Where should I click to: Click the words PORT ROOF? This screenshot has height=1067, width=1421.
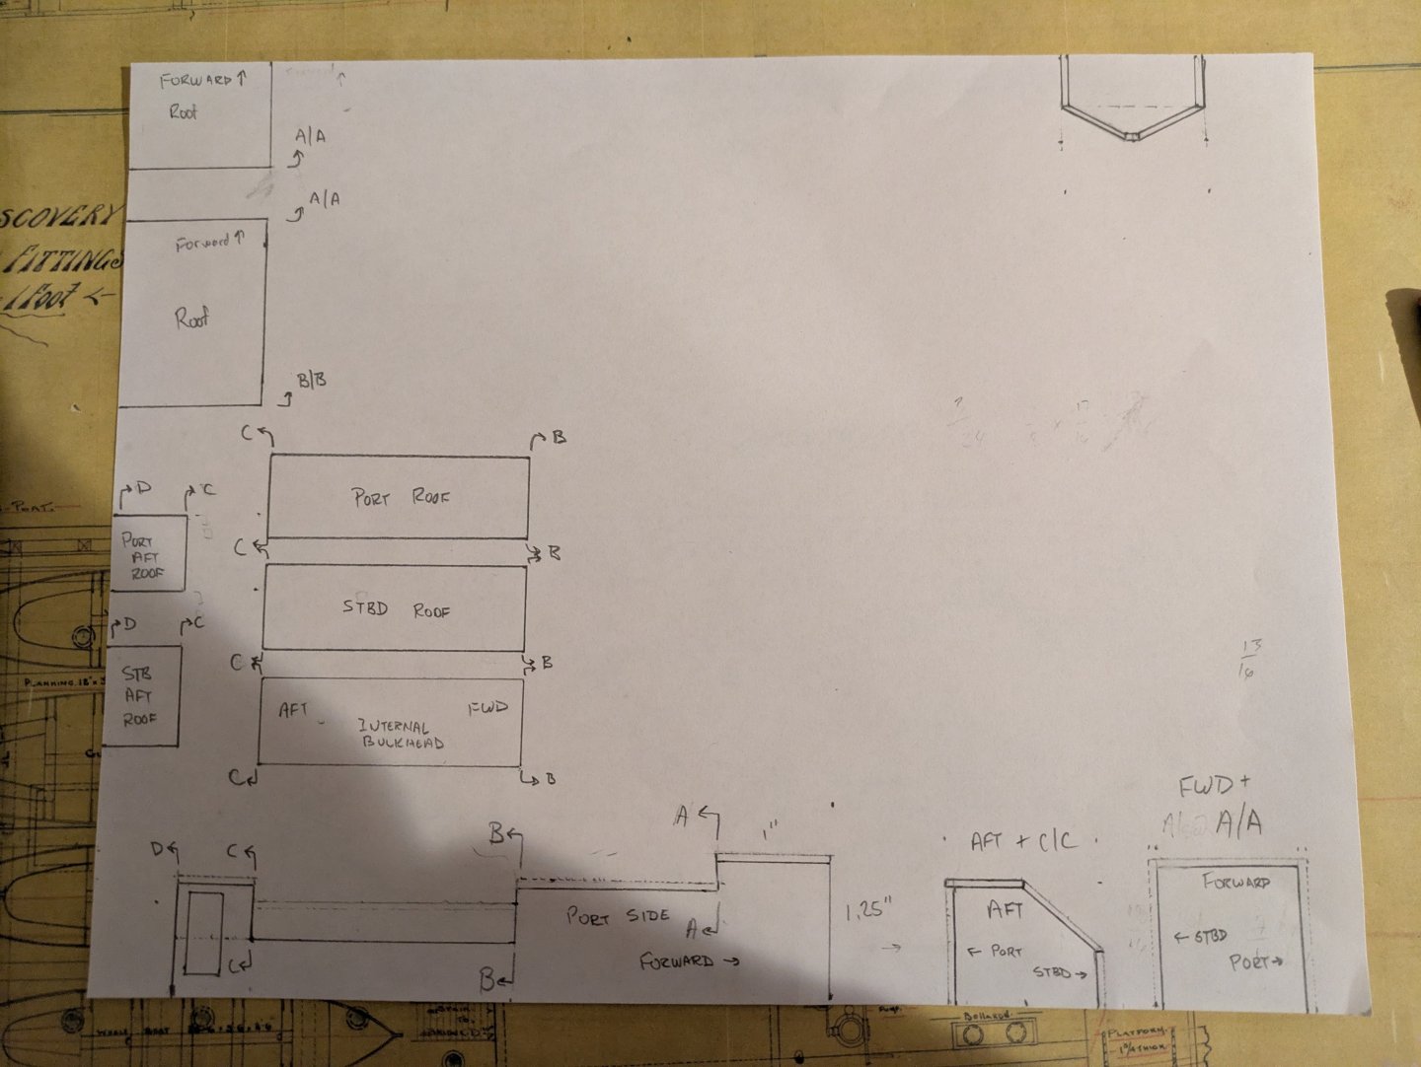pos(400,497)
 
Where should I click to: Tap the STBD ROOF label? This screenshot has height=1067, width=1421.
pos(396,609)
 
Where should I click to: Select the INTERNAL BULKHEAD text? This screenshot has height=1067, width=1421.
pos(401,734)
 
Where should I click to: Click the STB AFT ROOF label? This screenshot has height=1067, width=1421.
pos(138,695)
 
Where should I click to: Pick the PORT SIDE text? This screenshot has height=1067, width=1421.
pos(618,916)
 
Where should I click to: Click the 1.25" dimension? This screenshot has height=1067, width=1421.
pos(869,909)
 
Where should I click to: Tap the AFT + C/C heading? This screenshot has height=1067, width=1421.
pos(1023,841)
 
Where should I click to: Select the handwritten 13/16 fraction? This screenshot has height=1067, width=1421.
pos(1250,659)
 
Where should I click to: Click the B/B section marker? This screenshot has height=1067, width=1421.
pos(312,380)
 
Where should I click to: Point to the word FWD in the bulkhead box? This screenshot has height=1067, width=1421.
pos(487,708)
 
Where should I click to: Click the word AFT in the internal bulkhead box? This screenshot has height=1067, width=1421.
pos(293,709)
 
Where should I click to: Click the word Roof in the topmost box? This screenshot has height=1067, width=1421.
pos(183,111)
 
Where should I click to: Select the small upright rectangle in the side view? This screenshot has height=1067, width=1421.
pos(201,933)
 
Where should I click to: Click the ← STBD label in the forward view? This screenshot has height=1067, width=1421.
pos(1200,936)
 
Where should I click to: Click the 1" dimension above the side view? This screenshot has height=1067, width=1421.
pos(771,833)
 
